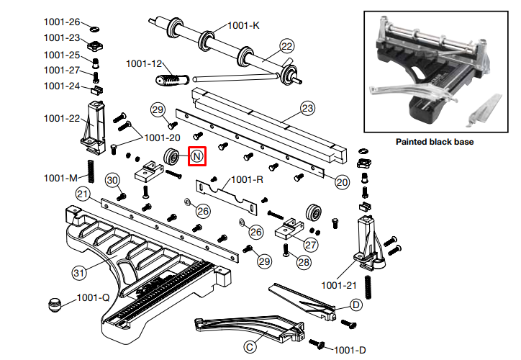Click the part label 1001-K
(243, 25)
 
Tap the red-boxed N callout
(197, 156)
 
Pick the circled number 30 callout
(112, 180)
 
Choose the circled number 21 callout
(83, 194)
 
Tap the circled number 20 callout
(342, 182)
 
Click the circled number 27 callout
(310, 244)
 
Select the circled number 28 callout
(303, 262)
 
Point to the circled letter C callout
(250, 347)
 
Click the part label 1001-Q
(93, 297)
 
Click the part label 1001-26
(62, 22)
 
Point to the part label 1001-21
(338, 285)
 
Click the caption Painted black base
(435, 142)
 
